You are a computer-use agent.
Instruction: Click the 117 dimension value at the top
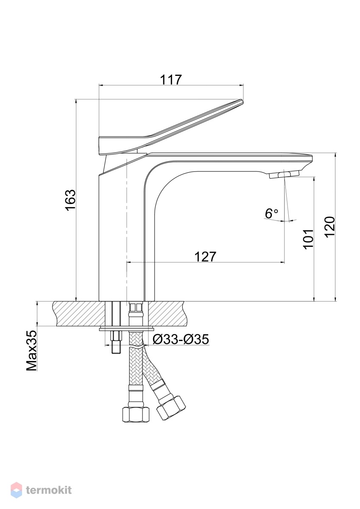pyautogui.click(x=171, y=80)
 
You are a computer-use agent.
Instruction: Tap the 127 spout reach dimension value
pyautogui.click(x=205, y=257)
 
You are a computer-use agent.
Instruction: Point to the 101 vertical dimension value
pyautogui.click(x=308, y=240)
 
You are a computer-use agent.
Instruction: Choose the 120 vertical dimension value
pyautogui.click(x=329, y=227)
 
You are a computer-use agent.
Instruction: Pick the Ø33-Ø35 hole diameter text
pyautogui.click(x=180, y=340)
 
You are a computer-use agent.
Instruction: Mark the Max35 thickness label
pyautogui.click(x=31, y=351)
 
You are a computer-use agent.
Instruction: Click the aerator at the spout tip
pyautogui.click(x=284, y=174)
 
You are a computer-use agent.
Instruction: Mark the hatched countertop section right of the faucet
pyautogui.click(x=168, y=313)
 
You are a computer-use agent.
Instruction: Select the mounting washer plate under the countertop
pyautogui.click(x=126, y=328)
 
